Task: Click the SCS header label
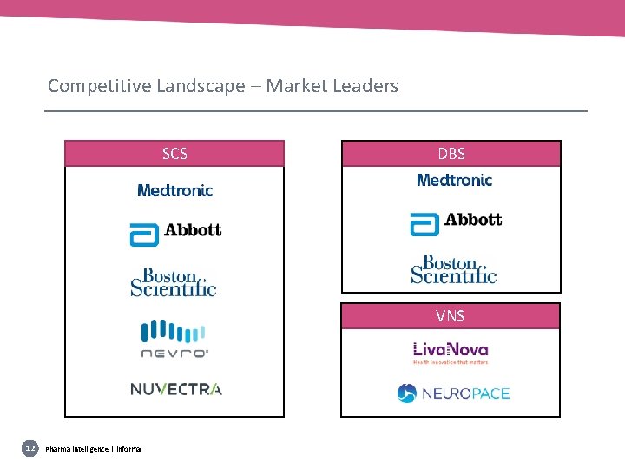coord(174,154)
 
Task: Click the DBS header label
coord(451,154)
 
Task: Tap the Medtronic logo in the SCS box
coord(174,190)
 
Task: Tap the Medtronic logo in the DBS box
coord(454,180)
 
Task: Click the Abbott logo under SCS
coord(175,232)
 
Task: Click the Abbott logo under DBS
coord(456,221)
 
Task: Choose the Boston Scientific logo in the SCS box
coord(174,282)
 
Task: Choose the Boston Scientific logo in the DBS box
coord(454,269)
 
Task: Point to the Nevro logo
coord(174,340)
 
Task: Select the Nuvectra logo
coord(175,388)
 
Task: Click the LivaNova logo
coord(451,352)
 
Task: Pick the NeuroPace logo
coord(453,393)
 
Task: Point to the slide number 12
coord(30,448)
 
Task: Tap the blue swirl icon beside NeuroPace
coord(407,393)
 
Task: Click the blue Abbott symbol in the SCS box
coord(144,234)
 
